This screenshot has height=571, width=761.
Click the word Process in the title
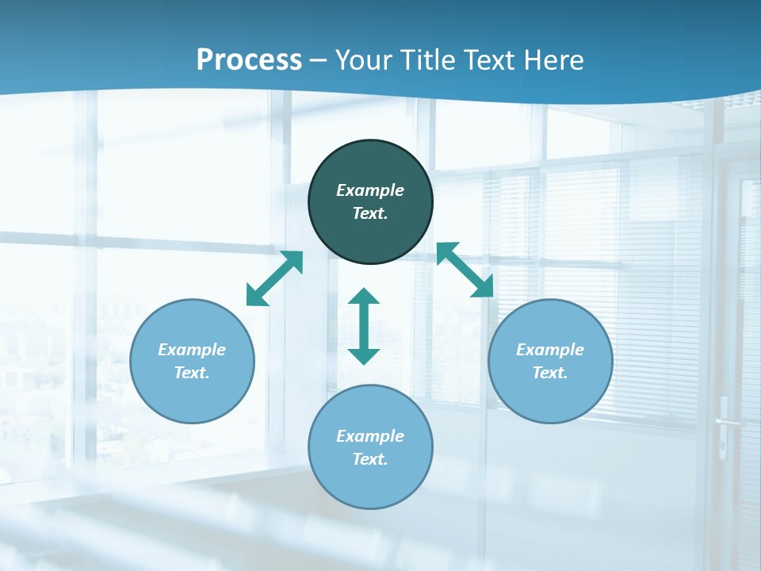249,60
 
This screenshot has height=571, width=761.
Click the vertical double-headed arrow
364,326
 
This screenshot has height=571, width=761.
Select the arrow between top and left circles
274,278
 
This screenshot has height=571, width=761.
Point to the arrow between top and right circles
465,270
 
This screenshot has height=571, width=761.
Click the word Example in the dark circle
370,190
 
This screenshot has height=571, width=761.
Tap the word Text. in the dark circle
370,213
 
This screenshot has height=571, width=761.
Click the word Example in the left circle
192,350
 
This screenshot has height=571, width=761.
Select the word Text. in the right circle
550,373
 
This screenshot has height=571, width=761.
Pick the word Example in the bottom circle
370,436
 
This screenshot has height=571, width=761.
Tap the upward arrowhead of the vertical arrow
364,297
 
